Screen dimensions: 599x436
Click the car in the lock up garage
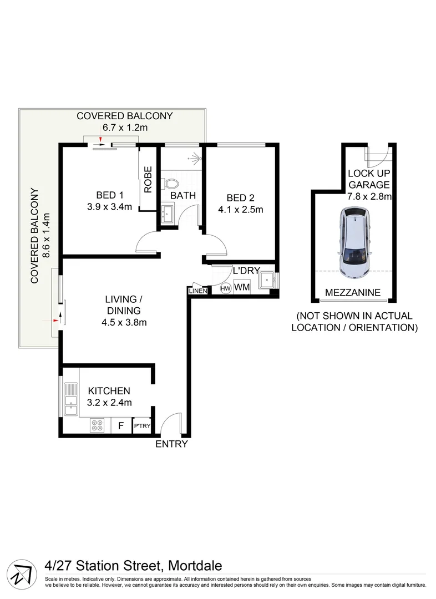[x=354, y=242]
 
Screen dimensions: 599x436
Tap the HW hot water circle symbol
[x=226, y=288]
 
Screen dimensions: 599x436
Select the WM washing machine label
[x=241, y=287]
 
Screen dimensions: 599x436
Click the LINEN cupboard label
[x=197, y=291]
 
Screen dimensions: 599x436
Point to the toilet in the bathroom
[x=171, y=183]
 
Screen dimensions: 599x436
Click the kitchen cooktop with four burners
[x=98, y=425]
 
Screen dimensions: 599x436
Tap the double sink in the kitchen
[x=70, y=399]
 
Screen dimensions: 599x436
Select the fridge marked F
[x=120, y=426]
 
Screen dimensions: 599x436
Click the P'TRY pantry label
[x=141, y=426]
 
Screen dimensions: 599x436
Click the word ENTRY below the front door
[x=171, y=444]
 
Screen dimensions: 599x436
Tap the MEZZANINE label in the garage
[x=353, y=292]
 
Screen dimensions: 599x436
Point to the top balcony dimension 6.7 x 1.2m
[x=125, y=128]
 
